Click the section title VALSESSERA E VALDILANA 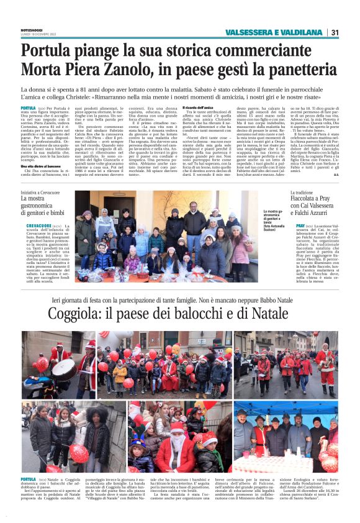[274, 32]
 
